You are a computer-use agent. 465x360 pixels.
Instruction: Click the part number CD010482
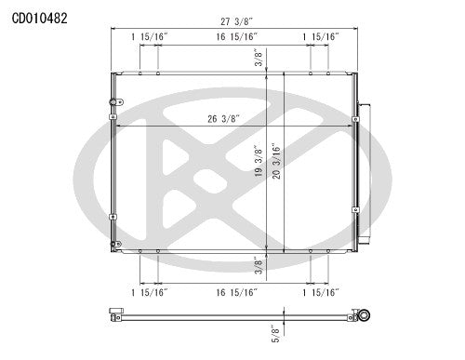coord(39,16)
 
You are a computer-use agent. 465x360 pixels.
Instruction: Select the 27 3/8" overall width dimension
coord(232,20)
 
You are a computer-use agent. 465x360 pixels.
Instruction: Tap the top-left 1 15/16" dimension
coord(150,36)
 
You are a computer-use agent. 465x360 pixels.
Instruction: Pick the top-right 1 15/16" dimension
coord(321,36)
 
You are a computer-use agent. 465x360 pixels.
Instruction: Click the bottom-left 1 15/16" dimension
coord(150,292)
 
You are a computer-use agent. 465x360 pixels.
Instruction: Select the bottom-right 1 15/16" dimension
coord(321,292)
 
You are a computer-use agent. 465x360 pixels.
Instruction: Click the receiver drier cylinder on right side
coord(364,158)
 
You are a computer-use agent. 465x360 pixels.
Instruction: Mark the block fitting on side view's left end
coord(114,317)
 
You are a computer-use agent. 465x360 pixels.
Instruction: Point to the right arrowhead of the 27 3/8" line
coord(357,28)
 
